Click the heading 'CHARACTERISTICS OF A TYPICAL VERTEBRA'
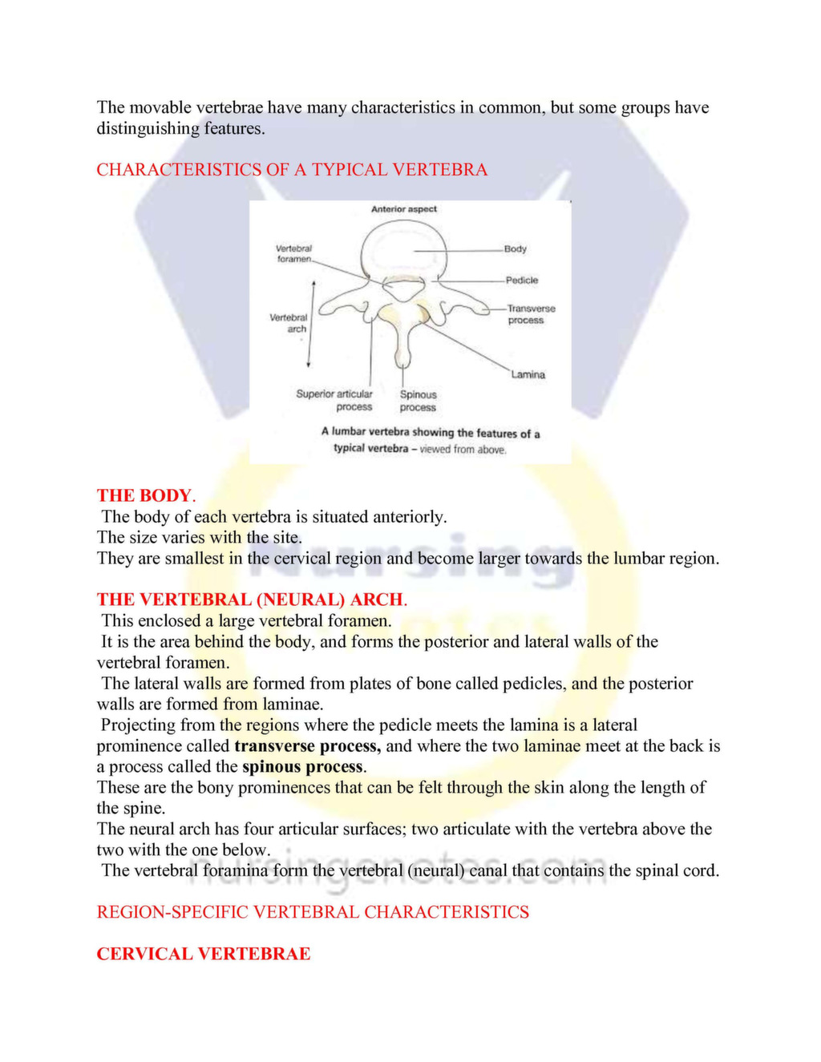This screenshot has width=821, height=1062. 292,170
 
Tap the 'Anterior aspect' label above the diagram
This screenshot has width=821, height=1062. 404,209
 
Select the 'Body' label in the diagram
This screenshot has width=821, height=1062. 516,249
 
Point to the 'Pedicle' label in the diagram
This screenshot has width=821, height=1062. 522,281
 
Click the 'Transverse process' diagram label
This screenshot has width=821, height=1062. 531,314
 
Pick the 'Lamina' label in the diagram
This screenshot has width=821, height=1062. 528,374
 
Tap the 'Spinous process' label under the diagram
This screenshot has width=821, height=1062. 419,401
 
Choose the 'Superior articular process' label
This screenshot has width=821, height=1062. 334,400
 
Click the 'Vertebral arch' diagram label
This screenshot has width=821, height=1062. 289,323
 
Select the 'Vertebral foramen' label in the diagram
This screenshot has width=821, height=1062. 294,253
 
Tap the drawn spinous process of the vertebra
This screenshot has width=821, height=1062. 403,345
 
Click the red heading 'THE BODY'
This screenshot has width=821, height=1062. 144,495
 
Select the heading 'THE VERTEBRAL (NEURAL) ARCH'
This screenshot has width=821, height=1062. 250,600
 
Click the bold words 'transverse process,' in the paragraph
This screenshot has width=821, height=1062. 307,746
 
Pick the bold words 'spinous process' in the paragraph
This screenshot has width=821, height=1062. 303,767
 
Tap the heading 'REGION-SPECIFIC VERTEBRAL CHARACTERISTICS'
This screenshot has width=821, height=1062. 313,912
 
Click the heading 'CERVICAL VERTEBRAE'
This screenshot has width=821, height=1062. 204,954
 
